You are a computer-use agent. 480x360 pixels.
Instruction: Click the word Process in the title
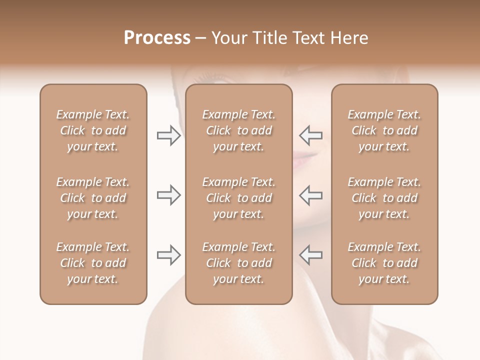click(157, 38)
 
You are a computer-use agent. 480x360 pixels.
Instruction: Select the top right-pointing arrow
click(169, 135)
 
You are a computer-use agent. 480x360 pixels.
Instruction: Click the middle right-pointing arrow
click(169, 195)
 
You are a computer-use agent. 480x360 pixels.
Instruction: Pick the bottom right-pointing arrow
click(169, 255)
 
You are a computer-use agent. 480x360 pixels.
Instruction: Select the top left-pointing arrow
click(311, 135)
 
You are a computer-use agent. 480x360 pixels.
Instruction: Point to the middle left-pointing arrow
click(311, 195)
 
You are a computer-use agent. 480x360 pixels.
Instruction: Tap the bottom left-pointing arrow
click(311, 254)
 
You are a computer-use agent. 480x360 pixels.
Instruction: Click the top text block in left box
click(93, 130)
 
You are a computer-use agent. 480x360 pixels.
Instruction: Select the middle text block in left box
click(93, 198)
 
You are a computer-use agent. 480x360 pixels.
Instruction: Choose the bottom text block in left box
click(93, 263)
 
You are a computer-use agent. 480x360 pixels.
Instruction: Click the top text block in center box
click(239, 130)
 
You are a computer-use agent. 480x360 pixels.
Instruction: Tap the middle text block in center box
click(239, 198)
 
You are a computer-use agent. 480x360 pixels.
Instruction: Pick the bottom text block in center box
click(239, 263)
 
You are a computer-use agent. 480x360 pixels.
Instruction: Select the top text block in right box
click(384, 130)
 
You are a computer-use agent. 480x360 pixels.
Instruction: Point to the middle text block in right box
click(384, 198)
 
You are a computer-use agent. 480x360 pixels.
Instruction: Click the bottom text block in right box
click(384, 263)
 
